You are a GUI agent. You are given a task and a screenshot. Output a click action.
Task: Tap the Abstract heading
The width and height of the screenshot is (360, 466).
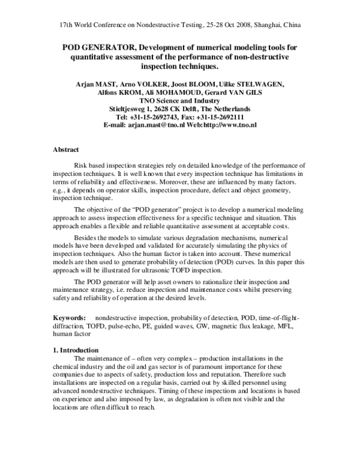pos(67,149)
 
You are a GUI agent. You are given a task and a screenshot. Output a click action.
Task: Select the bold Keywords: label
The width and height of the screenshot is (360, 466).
pos(71,317)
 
